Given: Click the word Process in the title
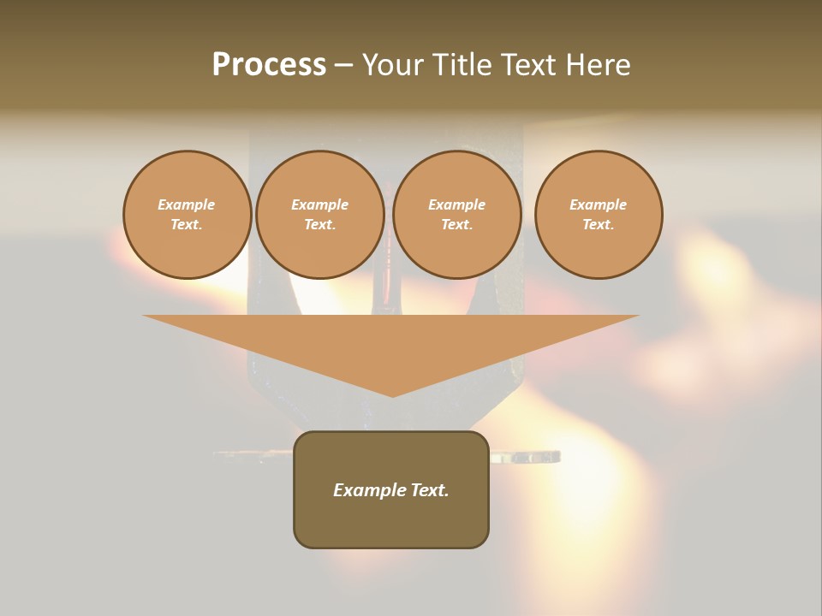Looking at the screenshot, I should (x=269, y=65).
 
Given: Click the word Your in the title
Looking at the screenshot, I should (x=394, y=65).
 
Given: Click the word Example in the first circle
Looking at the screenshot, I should (x=187, y=204).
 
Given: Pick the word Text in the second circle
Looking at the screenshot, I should (x=319, y=224).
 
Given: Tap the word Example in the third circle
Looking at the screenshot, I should (x=457, y=204).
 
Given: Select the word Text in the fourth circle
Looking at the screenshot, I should (x=597, y=224).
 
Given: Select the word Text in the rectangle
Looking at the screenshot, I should (x=429, y=490).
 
